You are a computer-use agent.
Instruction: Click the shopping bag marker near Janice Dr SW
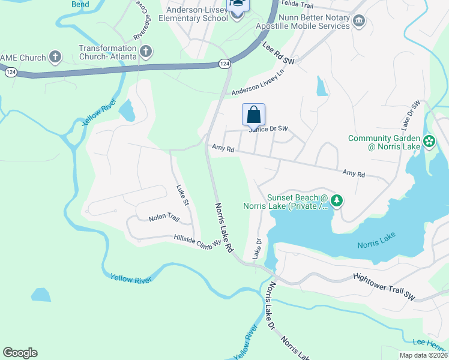coord(253,114)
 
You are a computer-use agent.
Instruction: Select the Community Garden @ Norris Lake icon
coord(429,141)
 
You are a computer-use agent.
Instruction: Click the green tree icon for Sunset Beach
coord(337,201)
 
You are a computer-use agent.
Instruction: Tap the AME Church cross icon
coord(55,58)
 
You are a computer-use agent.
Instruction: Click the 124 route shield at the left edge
coord(10,71)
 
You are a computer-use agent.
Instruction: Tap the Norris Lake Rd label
coord(222,227)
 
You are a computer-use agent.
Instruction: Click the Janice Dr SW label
coord(268,129)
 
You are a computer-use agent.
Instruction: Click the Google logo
coord(20,353)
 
